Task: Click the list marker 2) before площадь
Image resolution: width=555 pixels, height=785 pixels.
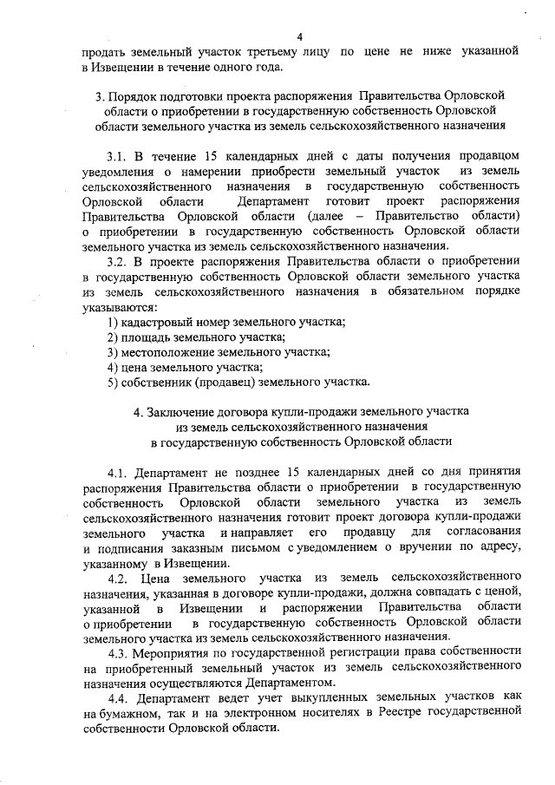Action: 113,337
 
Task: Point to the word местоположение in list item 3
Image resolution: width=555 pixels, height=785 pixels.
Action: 161,352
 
